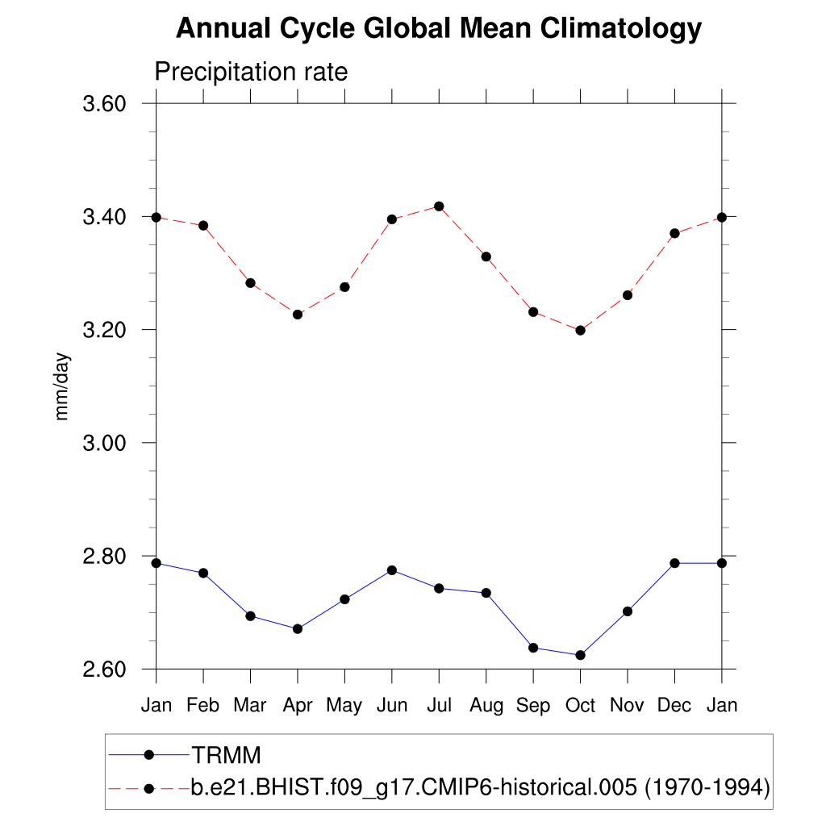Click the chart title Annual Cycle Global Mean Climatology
(439, 28)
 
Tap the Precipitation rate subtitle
(251, 72)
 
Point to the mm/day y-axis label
(62, 386)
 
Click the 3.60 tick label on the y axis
(106, 104)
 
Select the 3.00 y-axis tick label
(106, 443)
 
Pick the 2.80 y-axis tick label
(106, 557)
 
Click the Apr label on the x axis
(298, 705)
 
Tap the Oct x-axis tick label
(580, 705)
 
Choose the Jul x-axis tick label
(439, 705)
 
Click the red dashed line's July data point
(439, 206)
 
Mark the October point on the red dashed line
(580, 330)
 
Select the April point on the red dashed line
(298, 315)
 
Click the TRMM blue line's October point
(580, 655)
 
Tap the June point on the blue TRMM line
(392, 570)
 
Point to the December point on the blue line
(674, 563)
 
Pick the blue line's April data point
(298, 628)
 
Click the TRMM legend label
(227, 756)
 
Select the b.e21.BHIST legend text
(480, 787)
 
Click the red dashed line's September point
(533, 312)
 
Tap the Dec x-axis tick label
(674, 705)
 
